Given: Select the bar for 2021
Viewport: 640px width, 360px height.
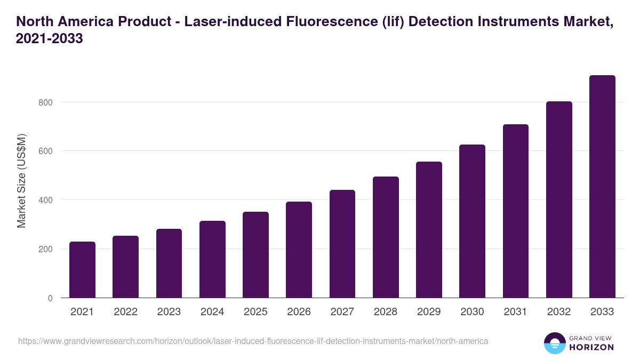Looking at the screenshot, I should click(82, 270).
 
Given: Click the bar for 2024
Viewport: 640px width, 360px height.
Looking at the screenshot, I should click(212, 259).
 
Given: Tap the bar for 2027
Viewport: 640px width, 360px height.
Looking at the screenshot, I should click(342, 244).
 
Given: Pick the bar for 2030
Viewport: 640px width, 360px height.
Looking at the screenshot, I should click(472, 221).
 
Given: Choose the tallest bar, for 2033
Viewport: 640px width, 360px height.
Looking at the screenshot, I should click(602, 187).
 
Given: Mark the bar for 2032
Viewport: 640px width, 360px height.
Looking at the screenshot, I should click(559, 199).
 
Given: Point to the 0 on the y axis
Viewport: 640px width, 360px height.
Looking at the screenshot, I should click(50, 298).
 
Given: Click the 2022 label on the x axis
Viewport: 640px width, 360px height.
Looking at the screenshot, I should click(125, 312).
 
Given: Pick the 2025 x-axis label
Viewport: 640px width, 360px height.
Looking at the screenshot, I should click(255, 312).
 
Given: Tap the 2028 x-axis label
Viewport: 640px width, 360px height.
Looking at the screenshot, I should click(386, 312).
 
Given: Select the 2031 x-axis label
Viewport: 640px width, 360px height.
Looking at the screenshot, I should click(516, 312).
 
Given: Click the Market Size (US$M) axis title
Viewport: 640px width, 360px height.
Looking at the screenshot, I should click(21, 180).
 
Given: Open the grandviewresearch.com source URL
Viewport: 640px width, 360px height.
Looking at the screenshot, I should click(253, 341).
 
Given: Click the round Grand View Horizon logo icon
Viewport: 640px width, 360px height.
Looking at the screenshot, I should click(555, 343).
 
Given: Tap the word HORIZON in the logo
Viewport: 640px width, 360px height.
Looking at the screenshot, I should click(592, 347).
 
